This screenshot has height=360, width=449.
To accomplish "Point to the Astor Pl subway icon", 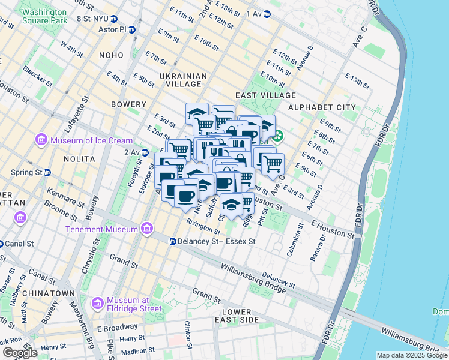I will pyautogui.click(x=131, y=29).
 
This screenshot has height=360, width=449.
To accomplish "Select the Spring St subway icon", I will pyautogui.click(x=47, y=172).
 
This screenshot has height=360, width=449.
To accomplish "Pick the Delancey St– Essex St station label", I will pyautogui.click(x=217, y=241).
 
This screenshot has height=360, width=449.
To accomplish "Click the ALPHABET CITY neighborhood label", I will pyautogui.click(x=322, y=107).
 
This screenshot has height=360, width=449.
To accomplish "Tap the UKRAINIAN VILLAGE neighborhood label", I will pyautogui.click(x=184, y=80).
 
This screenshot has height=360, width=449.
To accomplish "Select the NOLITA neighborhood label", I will pyautogui.click(x=79, y=158).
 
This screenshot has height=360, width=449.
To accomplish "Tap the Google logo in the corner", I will pyautogui.click(x=20, y=353).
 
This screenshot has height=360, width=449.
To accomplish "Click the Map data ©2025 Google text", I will pyautogui.click(x=412, y=355).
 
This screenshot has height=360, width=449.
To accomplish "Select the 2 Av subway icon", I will pyautogui.click(x=145, y=152).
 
